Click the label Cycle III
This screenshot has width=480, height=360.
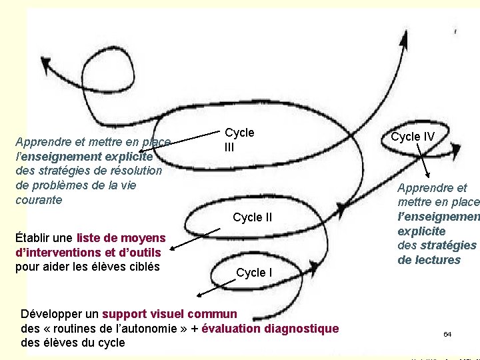[239, 139]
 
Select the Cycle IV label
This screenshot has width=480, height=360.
[413, 137]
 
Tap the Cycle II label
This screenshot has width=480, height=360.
[252, 217]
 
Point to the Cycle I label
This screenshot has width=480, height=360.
[254, 272]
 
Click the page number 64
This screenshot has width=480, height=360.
[447, 333]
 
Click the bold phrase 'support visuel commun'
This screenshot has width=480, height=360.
[169, 313]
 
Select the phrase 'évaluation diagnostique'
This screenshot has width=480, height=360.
[270, 328]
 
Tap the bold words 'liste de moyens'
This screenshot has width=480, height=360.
[121, 238]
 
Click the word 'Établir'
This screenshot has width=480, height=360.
[35, 238]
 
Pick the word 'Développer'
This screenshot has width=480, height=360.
[50, 313]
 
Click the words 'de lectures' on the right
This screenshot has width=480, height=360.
[429, 260]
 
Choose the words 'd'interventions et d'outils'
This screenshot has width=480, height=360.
[87, 253]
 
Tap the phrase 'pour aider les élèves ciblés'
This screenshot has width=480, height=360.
[87, 267]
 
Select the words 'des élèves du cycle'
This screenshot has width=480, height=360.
[73, 343]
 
